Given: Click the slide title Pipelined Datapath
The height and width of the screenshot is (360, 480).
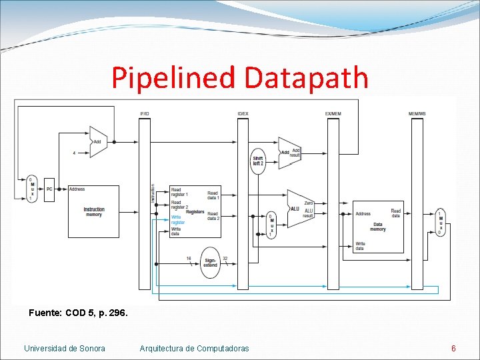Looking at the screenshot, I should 240,77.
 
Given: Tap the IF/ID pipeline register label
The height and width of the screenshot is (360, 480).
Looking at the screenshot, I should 145,114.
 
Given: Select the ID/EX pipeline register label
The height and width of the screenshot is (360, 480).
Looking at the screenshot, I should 243,114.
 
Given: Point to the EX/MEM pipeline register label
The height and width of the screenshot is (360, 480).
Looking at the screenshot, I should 333,114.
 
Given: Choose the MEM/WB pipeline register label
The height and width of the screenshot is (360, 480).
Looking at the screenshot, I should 417,114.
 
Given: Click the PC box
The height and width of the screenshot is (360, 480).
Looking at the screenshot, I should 49,189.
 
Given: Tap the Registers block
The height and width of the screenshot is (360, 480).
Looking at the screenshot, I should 195,211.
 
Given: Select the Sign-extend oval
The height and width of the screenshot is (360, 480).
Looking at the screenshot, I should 210,262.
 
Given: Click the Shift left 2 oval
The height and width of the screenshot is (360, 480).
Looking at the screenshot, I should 258,161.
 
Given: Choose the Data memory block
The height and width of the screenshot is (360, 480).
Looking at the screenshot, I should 378,226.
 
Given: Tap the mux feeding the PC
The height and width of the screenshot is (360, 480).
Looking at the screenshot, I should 31,189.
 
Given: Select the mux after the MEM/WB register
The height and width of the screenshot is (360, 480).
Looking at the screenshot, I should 440,222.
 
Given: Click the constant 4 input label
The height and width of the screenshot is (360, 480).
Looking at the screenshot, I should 74,153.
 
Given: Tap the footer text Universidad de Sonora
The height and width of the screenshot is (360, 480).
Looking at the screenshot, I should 65,348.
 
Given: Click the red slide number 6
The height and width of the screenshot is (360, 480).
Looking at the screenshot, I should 453,348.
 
